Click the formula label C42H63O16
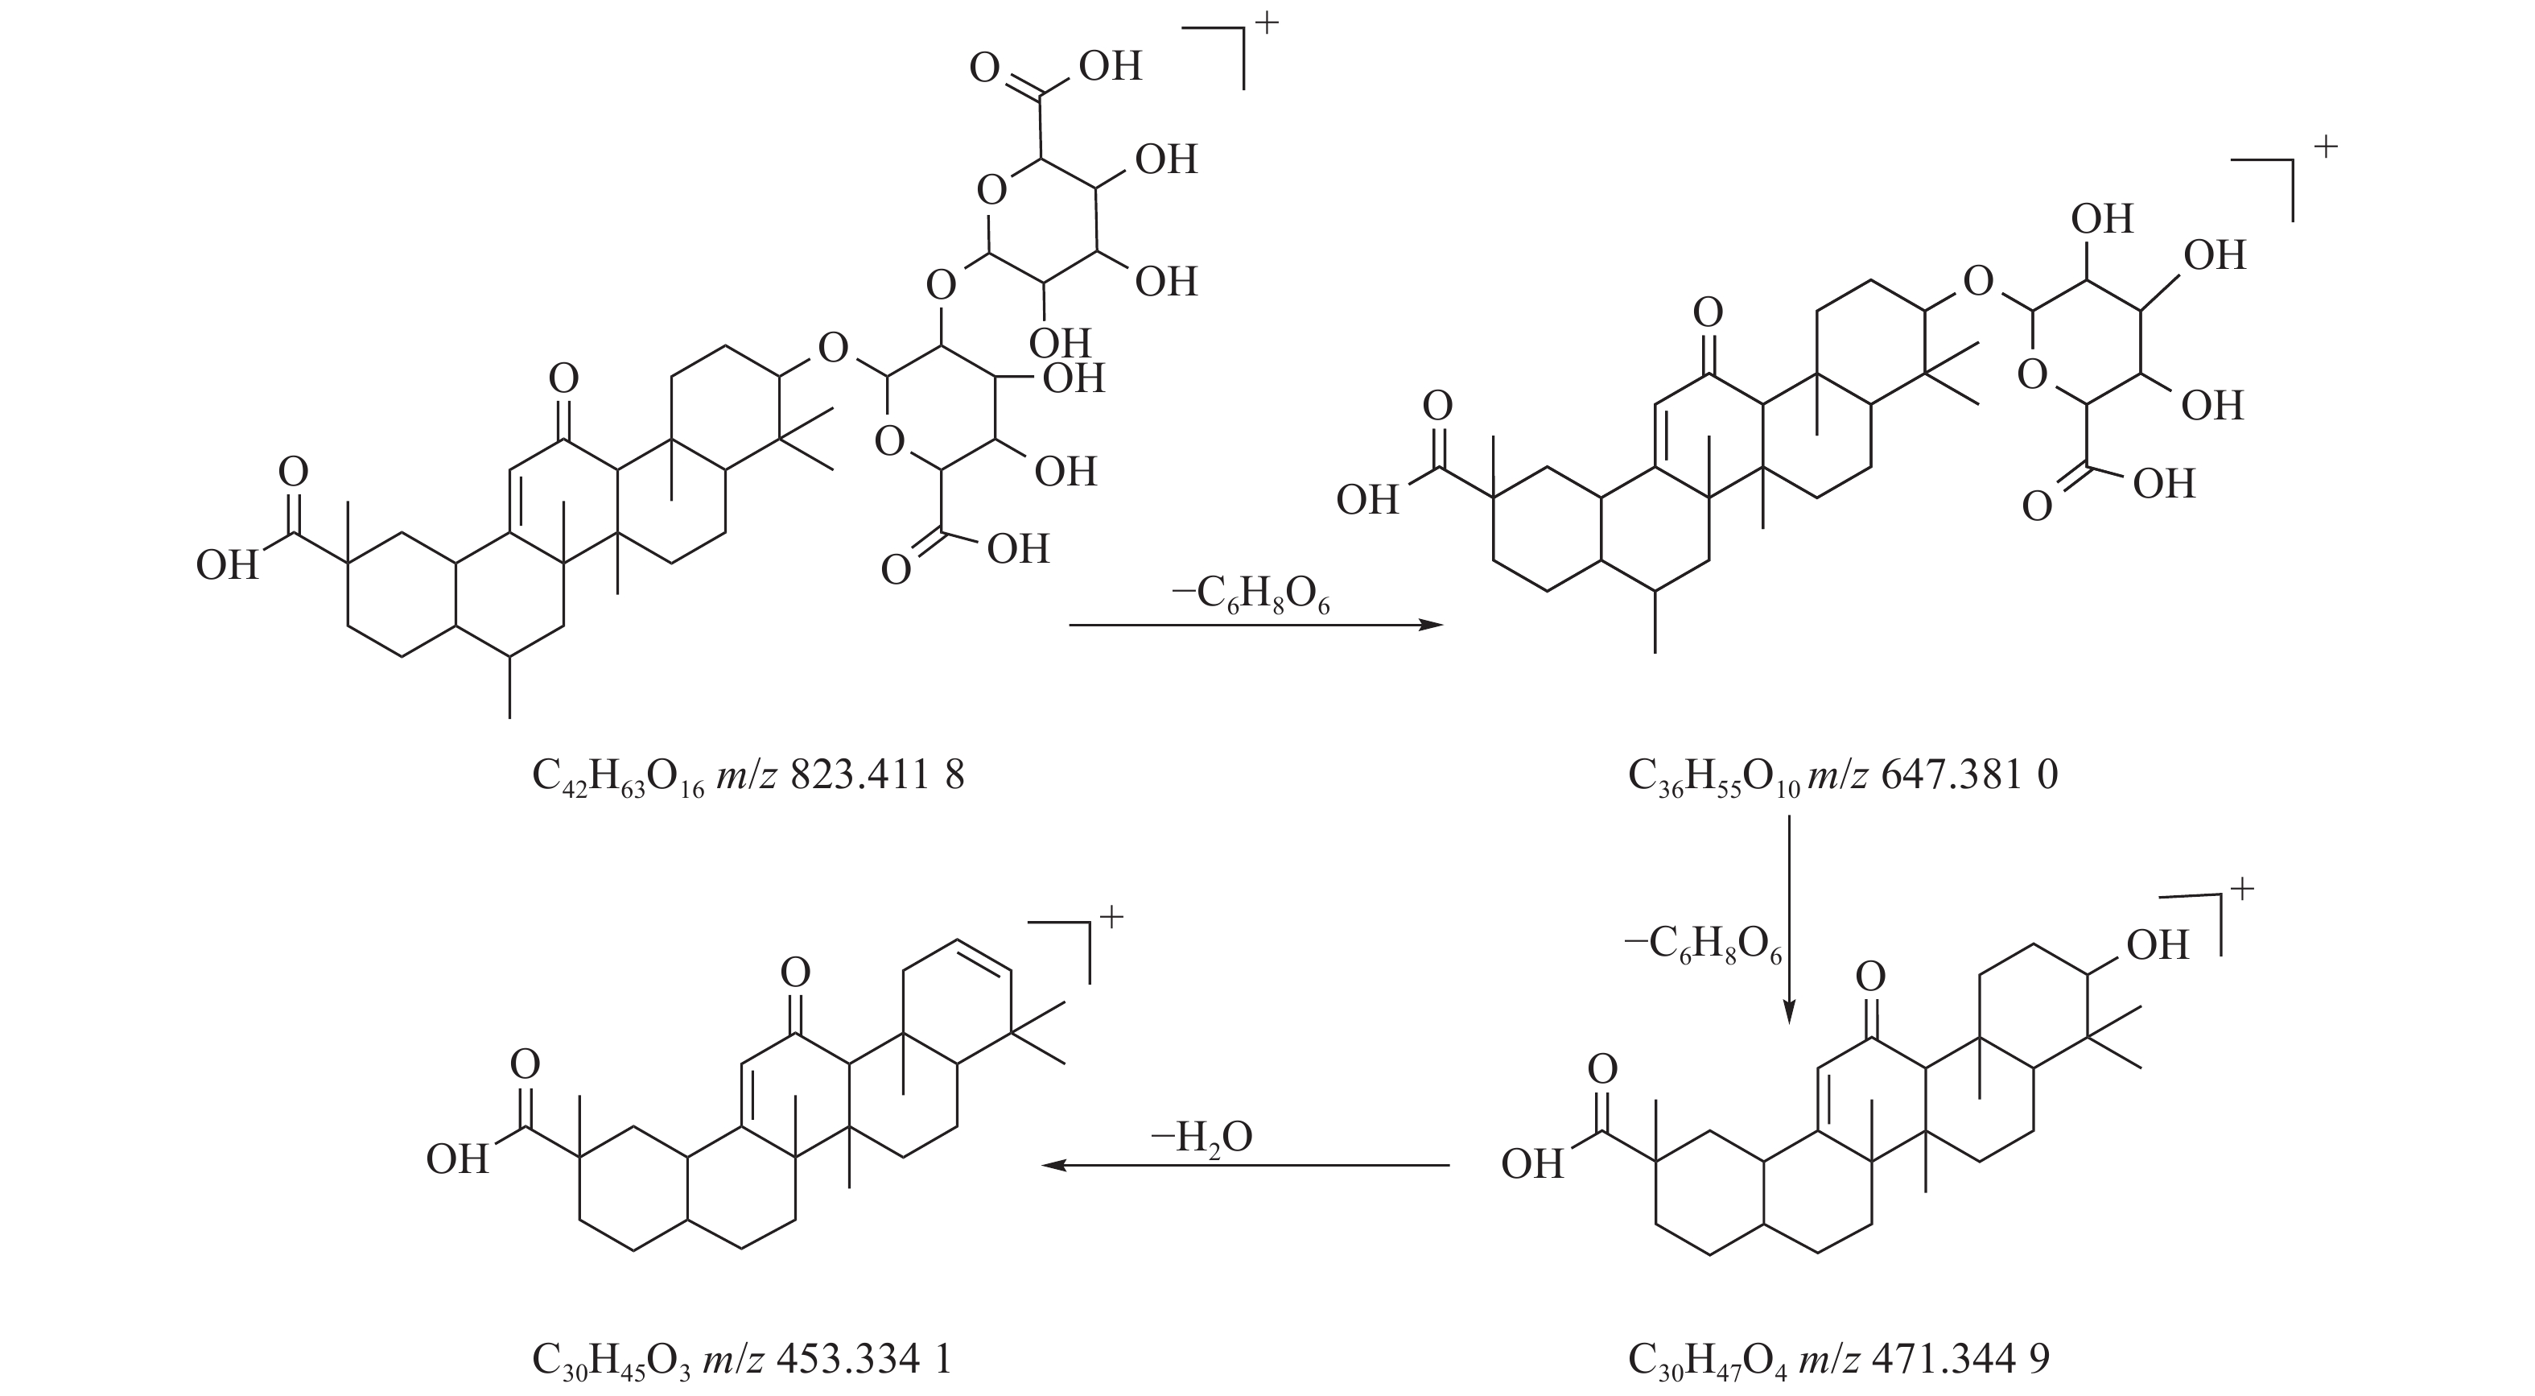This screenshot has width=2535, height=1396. [618, 777]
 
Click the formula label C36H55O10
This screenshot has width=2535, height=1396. [1713, 777]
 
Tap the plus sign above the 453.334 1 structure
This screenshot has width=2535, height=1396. [1111, 918]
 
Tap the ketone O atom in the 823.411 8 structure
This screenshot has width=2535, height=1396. [563, 378]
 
